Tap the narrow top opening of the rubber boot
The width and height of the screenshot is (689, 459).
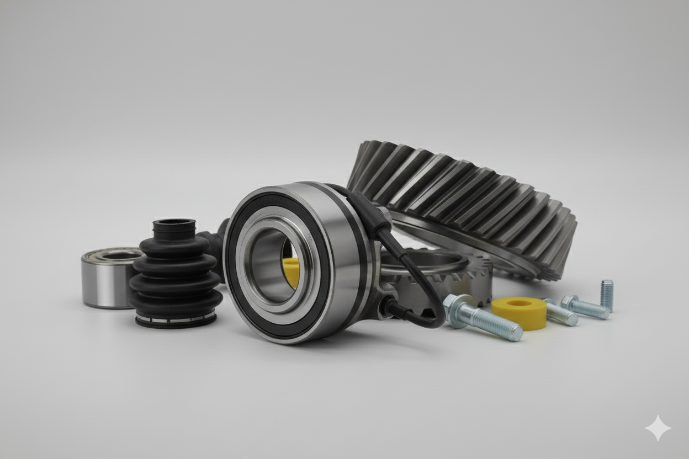pyautogui.click(x=174, y=223)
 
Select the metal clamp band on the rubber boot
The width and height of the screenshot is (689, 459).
pyautogui.click(x=176, y=319)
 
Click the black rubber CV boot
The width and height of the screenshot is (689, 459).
pyautogui.click(x=176, y=276)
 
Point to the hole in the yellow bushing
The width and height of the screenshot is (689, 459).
pyautogui.click(x=520, y=303)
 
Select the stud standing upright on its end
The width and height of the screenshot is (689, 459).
pyautogui.click(x=607, y=295)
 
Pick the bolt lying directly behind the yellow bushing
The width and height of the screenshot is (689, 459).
pyautogui.click(x=560, y=313)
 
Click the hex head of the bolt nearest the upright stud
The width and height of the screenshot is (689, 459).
pyautogui.click(x=569, y=302)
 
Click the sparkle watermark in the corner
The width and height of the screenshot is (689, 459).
pyautogui.click(x=658, y=428)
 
